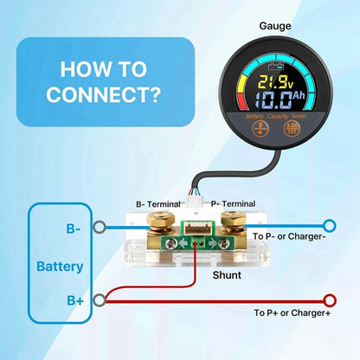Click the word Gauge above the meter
click(275, 26)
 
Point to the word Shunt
click(227, 275)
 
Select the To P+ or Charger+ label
click(292, 312)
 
